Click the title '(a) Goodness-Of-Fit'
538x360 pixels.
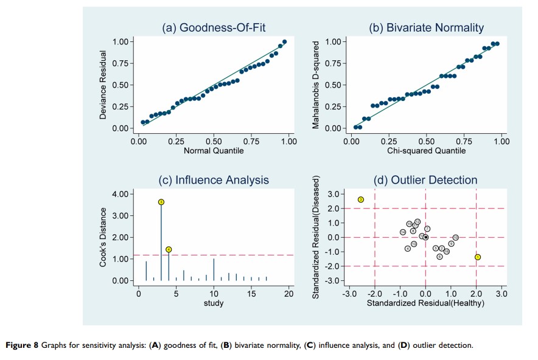click(213, 27)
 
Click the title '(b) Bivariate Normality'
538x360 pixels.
click(426, 27)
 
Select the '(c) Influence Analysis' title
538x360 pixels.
click(213, 180)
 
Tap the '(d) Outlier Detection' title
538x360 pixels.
click(426, 180)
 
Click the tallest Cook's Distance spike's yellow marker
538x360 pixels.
click(161, 202)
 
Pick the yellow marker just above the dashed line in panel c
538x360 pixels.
click(169, 249)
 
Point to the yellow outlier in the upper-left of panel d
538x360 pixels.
click(360, 199)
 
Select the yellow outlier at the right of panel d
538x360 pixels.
click(478, 257)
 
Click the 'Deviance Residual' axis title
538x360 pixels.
click(103, 85)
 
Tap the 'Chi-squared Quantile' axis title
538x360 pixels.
click(426, 151)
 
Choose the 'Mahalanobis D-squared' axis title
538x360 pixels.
click(316, 85)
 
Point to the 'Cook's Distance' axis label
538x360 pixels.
click(103, 237)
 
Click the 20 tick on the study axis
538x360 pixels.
click(288, 294)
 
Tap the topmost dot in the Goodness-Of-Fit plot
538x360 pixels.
click(284, 42)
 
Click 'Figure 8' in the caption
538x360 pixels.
click(22, 345)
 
